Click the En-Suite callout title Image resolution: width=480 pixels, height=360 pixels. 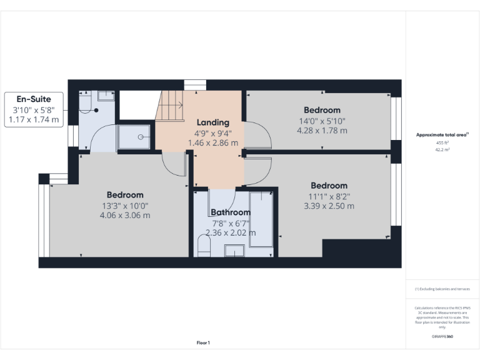34,99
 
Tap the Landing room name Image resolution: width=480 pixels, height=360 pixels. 212,122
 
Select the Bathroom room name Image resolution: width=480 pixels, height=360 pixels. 230,212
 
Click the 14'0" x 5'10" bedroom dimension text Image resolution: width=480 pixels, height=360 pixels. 322,121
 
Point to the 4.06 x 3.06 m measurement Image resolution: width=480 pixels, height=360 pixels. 125,216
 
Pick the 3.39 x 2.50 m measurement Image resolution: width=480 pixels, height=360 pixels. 329,206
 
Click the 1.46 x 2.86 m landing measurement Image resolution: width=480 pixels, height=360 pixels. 212,142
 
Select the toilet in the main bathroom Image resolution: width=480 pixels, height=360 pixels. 204,245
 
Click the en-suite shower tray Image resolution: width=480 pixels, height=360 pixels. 135,137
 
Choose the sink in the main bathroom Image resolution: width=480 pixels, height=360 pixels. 234,251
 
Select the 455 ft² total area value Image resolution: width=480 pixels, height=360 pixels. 442,142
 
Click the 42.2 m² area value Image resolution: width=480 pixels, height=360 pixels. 442,149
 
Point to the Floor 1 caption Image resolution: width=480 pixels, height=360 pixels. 203,342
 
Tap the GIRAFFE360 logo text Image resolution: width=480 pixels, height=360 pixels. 442,336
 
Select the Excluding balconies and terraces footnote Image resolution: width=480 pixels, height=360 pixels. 442,289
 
